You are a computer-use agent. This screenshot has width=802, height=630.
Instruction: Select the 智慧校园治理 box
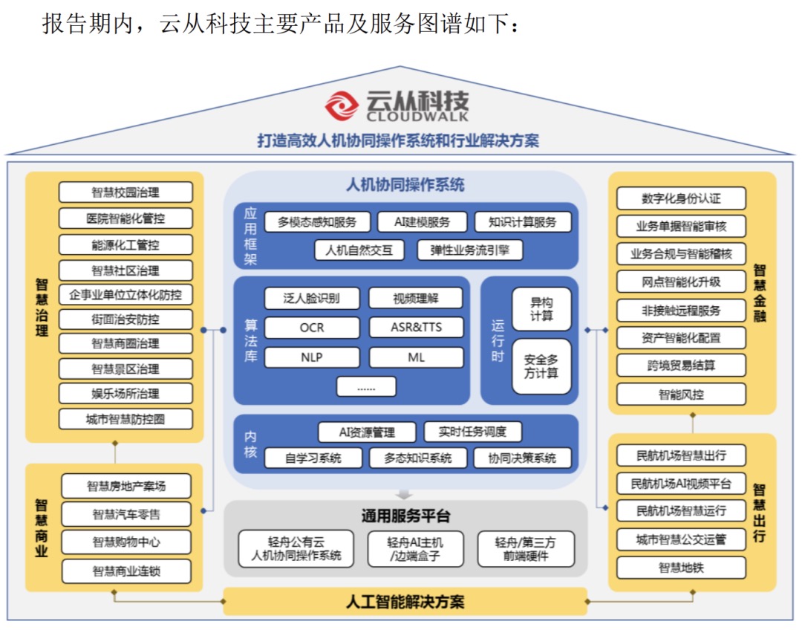125,192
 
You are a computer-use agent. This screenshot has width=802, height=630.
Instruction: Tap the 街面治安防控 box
125,319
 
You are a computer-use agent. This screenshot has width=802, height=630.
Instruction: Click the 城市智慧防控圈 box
125,419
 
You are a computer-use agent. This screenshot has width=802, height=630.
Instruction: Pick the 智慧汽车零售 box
126,514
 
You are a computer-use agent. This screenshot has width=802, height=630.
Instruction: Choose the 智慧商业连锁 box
126,571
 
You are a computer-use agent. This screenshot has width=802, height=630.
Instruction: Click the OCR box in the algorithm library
312,327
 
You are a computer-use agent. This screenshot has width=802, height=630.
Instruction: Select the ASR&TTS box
416,327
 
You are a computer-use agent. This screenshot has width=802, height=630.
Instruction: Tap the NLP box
312,357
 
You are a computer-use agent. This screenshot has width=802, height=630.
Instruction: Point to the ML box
416,357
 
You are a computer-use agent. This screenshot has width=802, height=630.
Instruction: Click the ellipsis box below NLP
366,386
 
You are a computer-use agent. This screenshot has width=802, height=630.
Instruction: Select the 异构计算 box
541,309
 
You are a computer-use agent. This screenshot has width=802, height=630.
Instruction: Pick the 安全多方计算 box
541,366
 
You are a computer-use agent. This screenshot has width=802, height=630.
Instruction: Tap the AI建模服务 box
423,221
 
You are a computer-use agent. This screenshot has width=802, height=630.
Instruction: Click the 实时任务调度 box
473,432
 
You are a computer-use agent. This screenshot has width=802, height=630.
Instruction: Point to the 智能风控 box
681,394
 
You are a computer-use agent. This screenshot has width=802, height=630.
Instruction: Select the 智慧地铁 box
681,568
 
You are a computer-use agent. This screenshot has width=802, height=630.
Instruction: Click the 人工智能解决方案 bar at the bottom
405,601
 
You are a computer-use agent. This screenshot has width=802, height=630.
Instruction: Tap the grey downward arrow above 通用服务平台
404,493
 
